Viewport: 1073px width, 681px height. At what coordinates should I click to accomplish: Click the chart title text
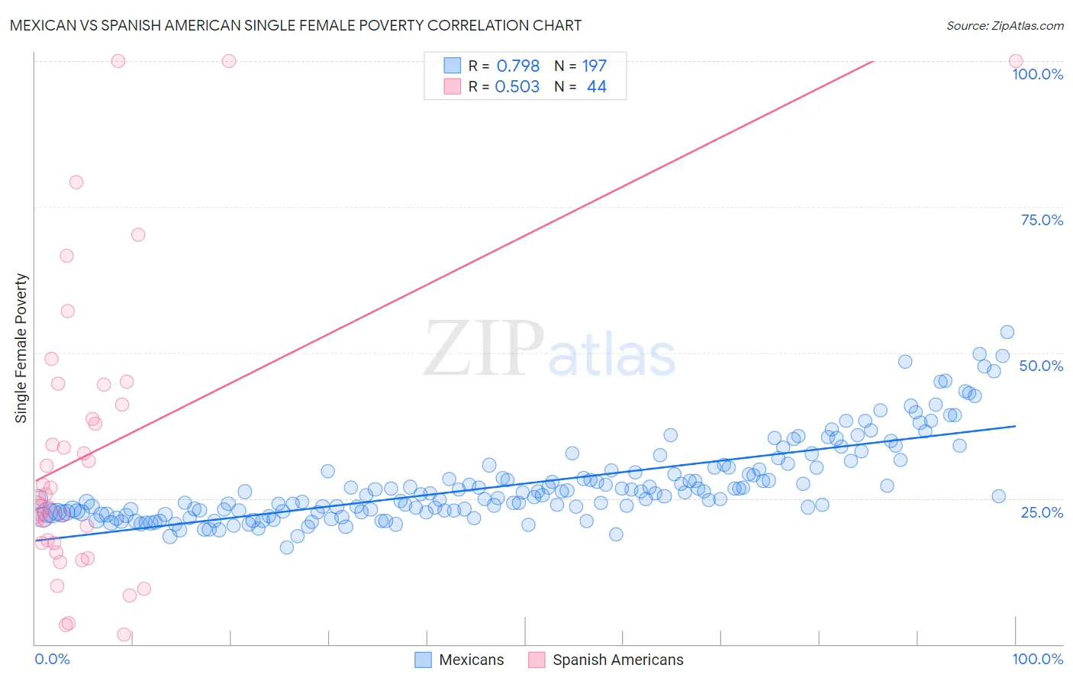(295, 26)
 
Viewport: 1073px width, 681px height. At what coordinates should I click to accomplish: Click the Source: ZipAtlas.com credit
(1004, 26)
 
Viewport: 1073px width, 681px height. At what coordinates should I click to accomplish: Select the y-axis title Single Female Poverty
(21, 348)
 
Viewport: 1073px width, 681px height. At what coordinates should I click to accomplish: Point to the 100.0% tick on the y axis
(1037, 74)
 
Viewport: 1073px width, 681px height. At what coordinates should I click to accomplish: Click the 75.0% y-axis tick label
(1042, 220)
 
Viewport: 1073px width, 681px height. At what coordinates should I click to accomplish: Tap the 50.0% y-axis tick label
(1041, 366)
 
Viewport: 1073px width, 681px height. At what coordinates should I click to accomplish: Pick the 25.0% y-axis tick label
(1042, 512)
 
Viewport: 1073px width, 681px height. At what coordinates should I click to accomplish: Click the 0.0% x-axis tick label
(52, 659)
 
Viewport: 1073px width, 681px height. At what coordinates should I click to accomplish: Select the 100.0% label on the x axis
(1037, 659)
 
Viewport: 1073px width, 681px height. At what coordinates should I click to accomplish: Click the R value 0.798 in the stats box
(518, 66)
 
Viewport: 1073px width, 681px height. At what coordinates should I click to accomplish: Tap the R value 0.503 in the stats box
(517, 87)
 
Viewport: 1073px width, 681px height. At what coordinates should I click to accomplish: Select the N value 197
(594, 66)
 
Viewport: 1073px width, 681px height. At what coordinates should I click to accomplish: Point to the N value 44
(596, 87)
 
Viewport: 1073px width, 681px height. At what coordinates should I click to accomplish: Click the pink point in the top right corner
(1015, 61)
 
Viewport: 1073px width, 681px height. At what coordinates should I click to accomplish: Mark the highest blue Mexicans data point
(1007, 332)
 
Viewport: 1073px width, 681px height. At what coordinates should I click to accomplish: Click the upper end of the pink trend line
(872, 61)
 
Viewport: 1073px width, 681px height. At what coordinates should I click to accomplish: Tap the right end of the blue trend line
(1015, 426)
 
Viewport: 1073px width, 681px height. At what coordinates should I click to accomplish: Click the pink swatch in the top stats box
(453, 86)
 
